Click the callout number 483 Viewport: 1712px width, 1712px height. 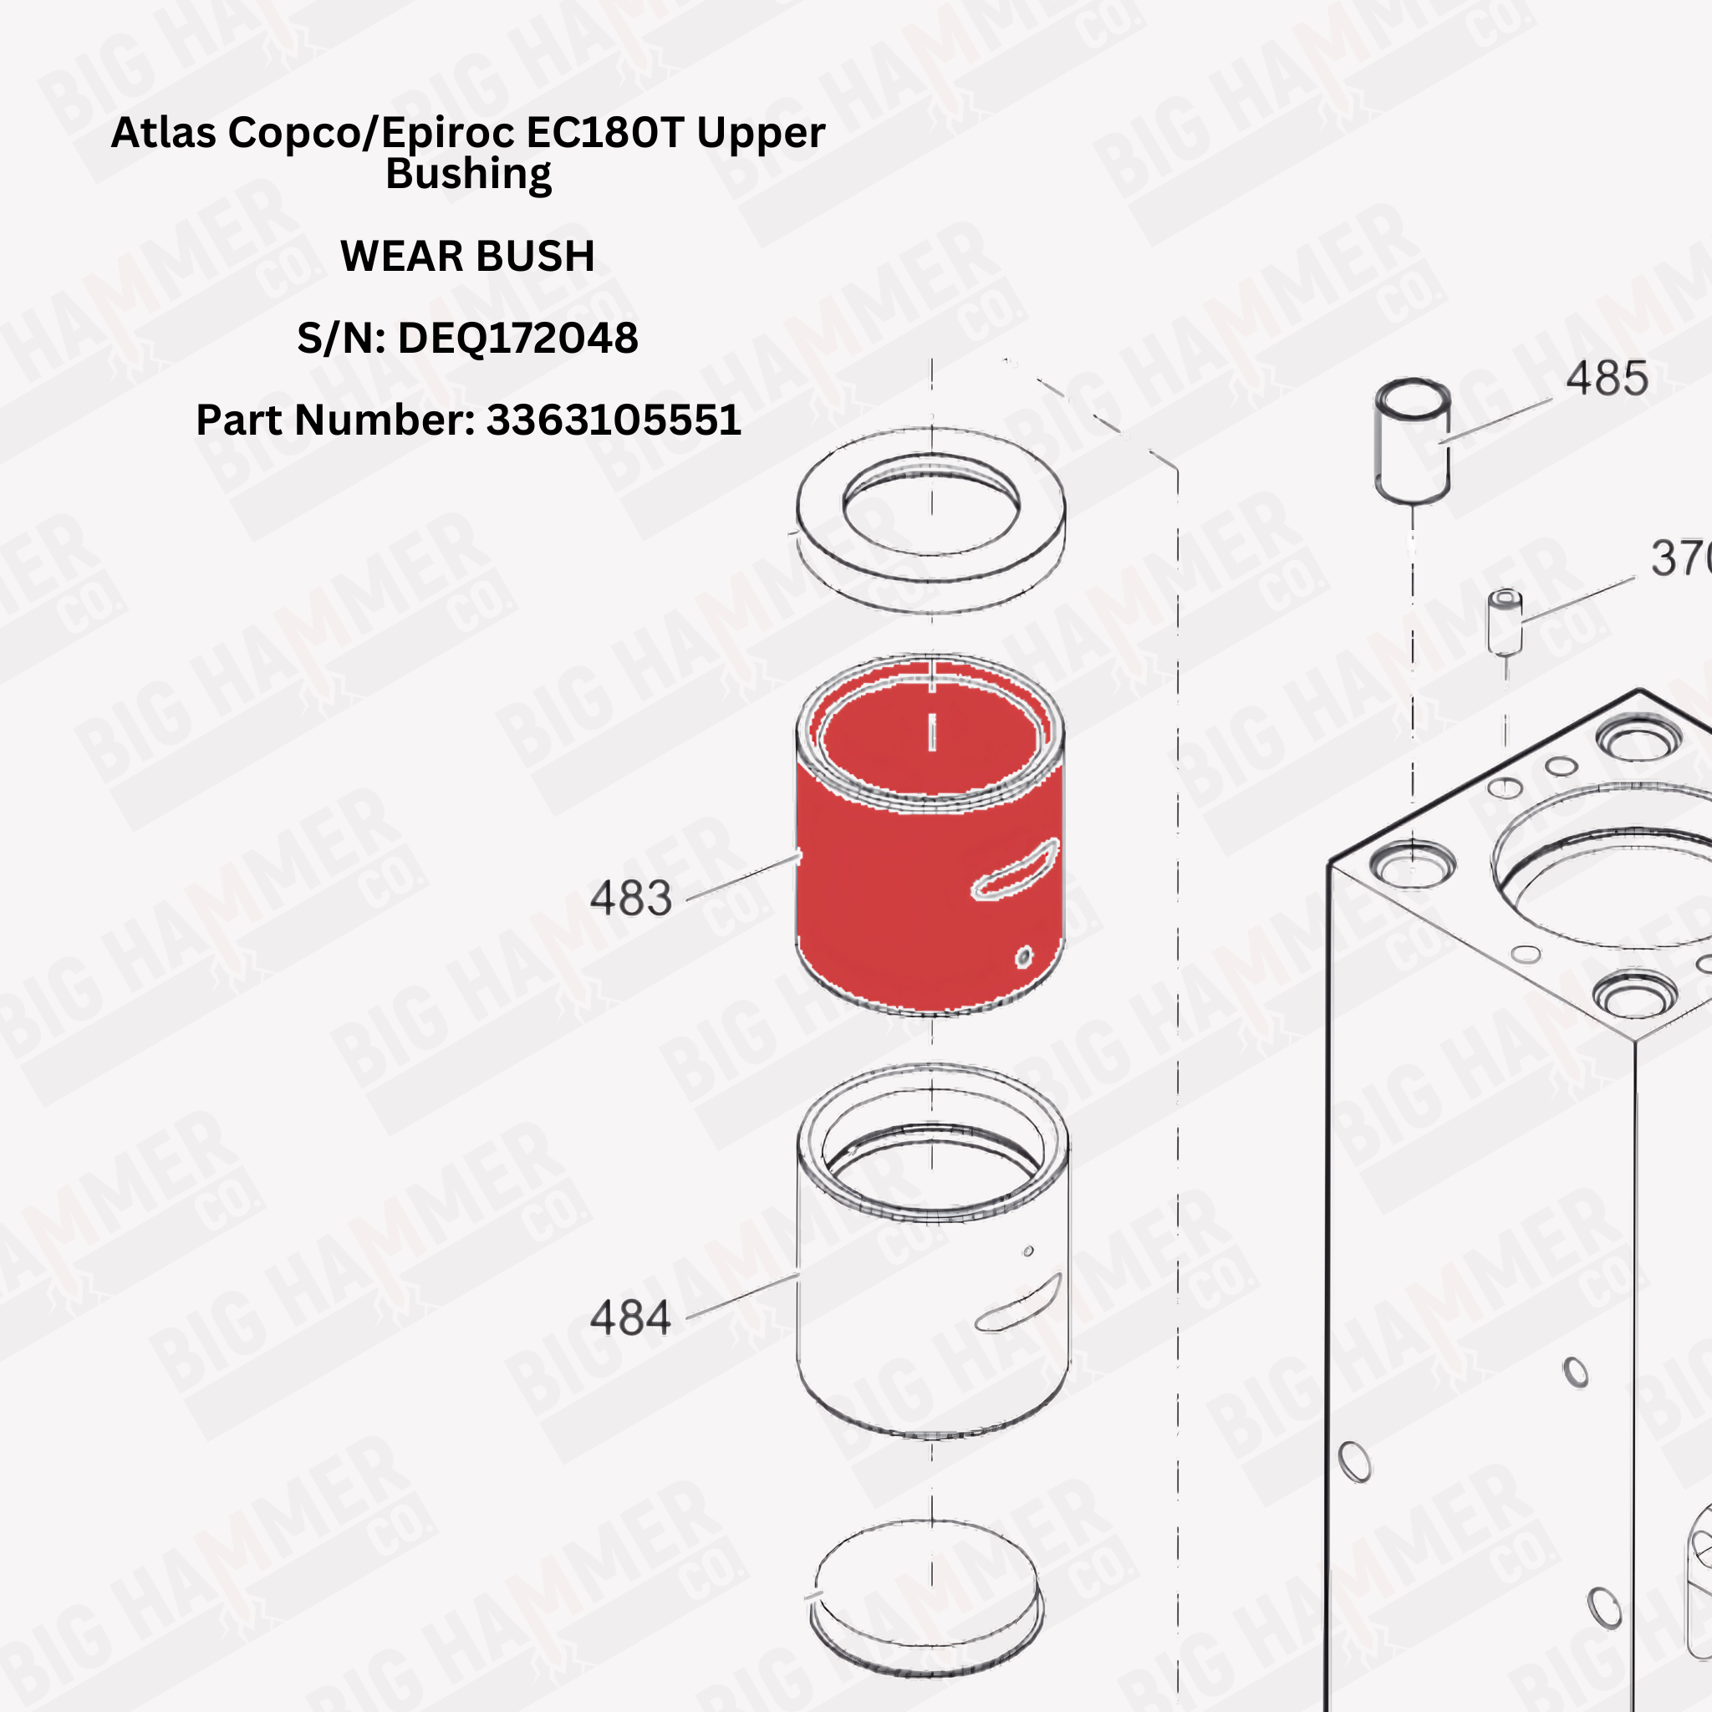[631, 899]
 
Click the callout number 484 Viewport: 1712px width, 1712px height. [631, 1317]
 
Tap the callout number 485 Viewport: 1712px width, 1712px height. [1607, 379]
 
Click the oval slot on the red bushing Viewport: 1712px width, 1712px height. [1016, 869]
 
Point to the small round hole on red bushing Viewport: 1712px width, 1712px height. [1023, 957]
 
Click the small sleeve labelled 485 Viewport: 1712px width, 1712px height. [1413, 443]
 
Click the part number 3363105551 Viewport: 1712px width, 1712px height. [614, 420]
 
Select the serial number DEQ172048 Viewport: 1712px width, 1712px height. [517, 339]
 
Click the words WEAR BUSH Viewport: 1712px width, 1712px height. [467, 256]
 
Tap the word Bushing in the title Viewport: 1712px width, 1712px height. [468, 175]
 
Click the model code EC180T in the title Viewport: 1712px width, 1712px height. [605, 133]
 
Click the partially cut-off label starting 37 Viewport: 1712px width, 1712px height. [1679, 559]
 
